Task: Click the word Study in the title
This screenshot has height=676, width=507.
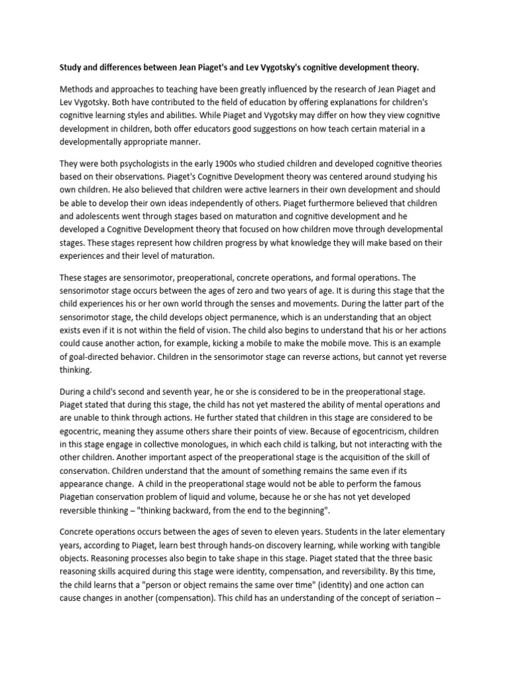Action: [x=73, y=67]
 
